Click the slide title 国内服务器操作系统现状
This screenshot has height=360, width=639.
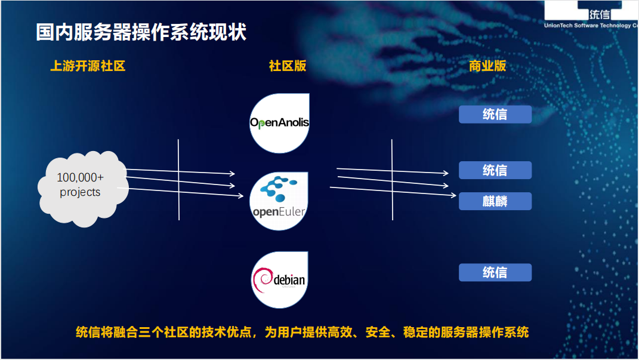[141, 32]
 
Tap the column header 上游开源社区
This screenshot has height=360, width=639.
[88, 66]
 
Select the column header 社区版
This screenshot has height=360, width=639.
[288, 66]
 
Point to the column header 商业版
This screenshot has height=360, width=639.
[487, 66]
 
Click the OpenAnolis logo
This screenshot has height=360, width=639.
[279, 123]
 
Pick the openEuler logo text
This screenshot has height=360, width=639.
[279, 212]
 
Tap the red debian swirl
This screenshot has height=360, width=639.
[263, 281]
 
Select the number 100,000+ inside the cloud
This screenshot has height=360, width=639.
[80, 177]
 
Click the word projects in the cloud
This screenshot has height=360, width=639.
[80, 192]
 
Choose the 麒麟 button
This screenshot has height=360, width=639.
[495, 201]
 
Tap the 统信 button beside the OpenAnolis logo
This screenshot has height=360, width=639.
[495, 115]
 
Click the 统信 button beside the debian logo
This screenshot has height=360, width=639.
[495, 273]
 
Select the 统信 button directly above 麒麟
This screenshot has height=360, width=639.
[495, 170]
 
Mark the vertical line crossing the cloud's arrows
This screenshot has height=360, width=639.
[179, 179]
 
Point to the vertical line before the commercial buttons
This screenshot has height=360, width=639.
[392, 179]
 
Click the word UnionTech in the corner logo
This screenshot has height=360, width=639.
[560, 26]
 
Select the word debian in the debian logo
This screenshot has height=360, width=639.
[290, 280]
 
